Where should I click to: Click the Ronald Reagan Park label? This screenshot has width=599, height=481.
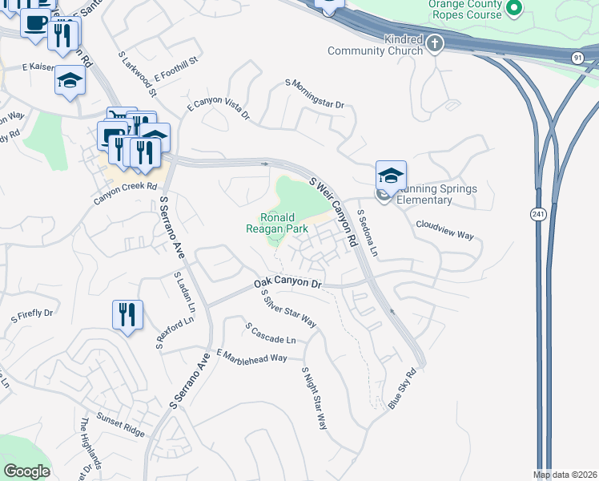277,223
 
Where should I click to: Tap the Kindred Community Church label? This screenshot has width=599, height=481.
375,45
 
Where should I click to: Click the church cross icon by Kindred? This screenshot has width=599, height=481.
435,43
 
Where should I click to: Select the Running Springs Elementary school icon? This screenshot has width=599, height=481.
391,176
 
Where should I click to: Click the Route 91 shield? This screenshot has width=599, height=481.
577,58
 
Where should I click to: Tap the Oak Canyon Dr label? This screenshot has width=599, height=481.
287,284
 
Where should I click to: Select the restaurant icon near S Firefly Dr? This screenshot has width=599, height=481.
127,313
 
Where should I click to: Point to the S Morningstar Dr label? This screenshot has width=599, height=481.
314,94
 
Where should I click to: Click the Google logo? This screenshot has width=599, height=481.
26,471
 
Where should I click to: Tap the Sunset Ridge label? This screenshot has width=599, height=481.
121,425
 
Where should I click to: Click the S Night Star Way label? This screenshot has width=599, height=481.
314,399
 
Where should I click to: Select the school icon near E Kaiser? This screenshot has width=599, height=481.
70,80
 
